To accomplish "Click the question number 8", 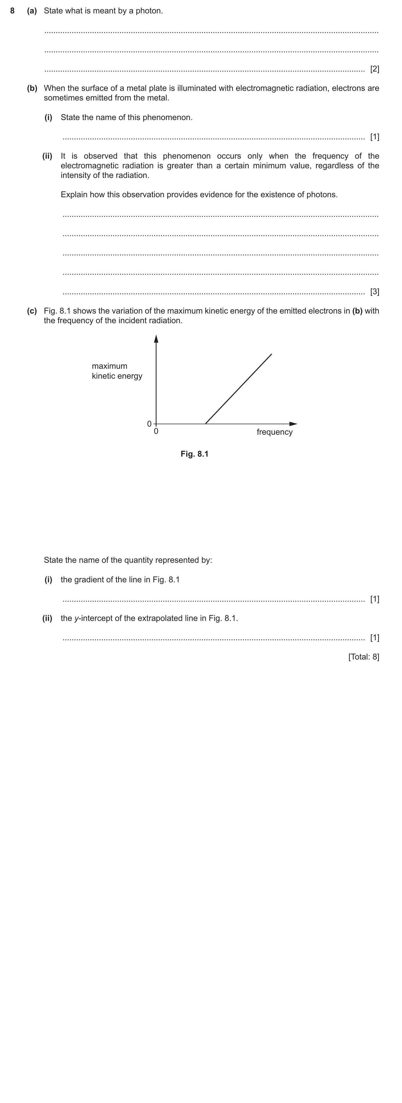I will pos(12,11).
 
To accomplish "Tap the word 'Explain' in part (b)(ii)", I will pos(74,194).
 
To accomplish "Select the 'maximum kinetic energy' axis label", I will pos(117,371).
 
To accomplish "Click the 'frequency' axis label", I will pos(274,432).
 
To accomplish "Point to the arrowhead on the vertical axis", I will pos(156,339).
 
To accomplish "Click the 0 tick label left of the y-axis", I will pos(149,424).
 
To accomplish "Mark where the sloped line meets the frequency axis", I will pos(206,424).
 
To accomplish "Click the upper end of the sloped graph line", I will pos(271,354).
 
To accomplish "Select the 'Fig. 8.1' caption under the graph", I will pos(194,454).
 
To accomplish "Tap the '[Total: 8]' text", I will pos(363,657).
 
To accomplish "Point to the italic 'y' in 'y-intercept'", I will pos(76,619).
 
